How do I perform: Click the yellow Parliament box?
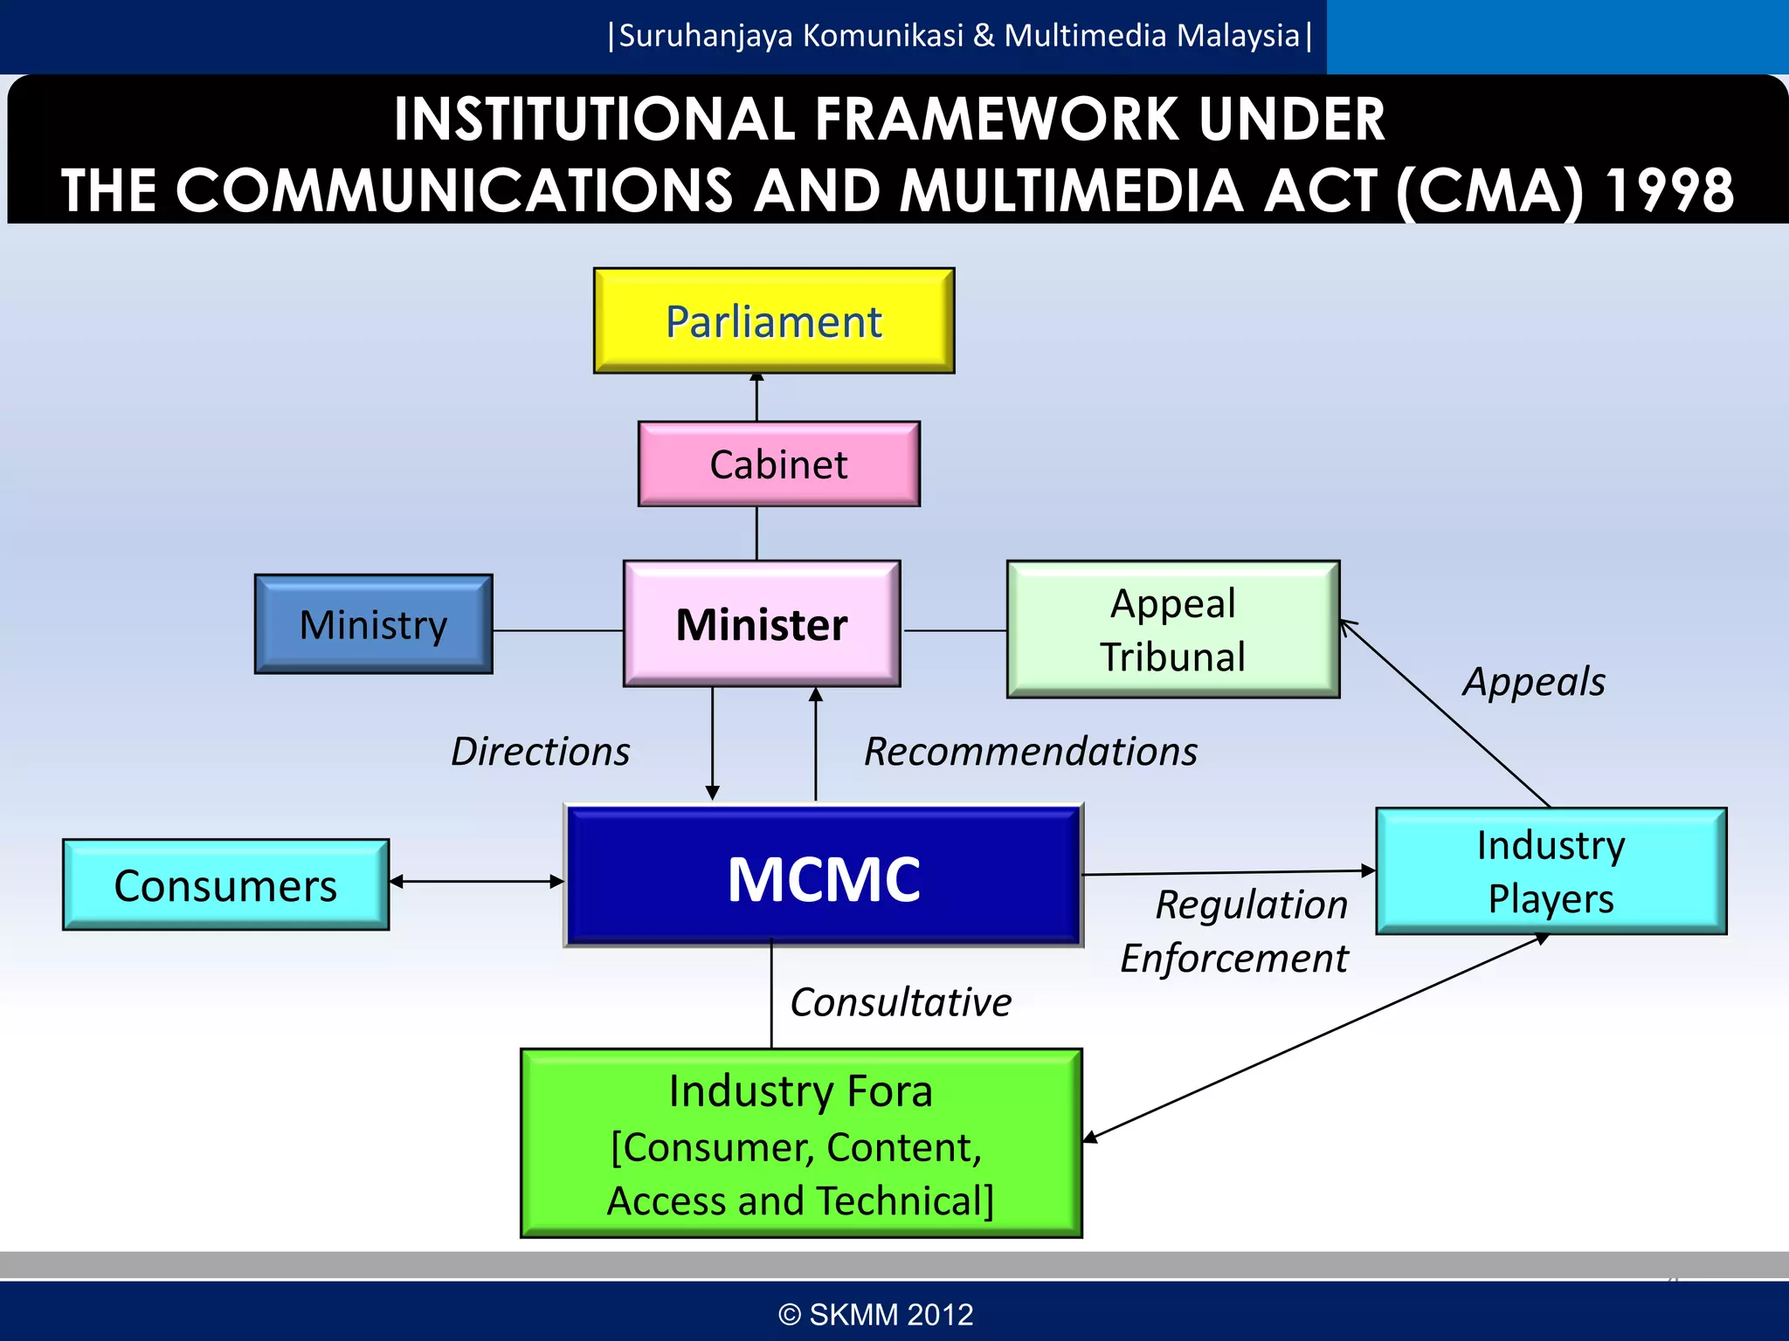774,320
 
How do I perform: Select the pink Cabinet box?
778,464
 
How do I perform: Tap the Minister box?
761,623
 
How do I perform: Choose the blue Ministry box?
373,623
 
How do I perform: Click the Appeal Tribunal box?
1172,629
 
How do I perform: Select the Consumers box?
225,884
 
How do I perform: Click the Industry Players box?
1551,870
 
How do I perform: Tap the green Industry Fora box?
800,1143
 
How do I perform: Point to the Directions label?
540,752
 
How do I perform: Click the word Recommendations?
1031,752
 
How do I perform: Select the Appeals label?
1534,682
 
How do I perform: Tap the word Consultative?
901,1002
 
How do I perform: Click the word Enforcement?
1234,959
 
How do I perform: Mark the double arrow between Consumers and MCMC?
477,882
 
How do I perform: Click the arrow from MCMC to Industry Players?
1228,872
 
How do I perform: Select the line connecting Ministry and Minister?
557,630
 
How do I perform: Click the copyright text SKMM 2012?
876,1314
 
